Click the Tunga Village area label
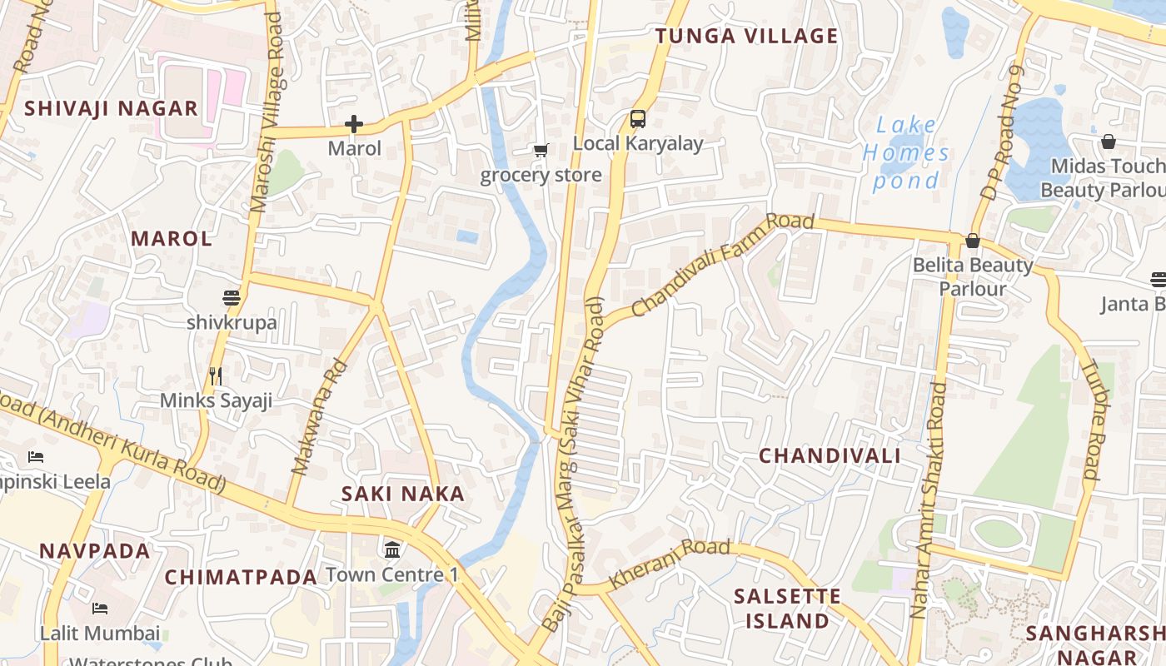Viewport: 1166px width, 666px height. pyautogui.click(x=746, y=36)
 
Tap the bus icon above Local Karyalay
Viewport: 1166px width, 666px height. pyautogui.click(x=638, y=119)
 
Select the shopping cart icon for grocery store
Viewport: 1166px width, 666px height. pyautogui.click(x=541, y=151)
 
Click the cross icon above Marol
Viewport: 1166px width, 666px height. pyautogui.click(x=354, y=125)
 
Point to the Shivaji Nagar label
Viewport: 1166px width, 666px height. pyautogui.click(x=111, y=108)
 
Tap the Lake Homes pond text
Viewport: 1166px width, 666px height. pyautogui.click(x=906, y=153)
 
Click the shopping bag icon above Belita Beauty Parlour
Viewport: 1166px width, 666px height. pyautogui.click(x=972, y=241)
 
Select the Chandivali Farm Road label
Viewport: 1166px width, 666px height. pyautogui.click(x=722, y=265)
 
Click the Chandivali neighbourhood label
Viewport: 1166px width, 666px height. pyautogui.click(x=830, y=455)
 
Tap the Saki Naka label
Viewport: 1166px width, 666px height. pyautogui.click(x=403, y=494)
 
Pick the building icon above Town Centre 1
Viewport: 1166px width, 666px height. pyautogui.click(x=392, y=550)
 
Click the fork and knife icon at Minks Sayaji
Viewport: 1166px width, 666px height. pyautogui.click(x=216, y=376)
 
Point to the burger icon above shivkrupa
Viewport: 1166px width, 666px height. pyautogui.click(x=231, y=298)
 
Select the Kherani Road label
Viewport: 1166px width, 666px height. pyautogui.click(x=670, y=564)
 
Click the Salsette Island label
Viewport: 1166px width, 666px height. pyautogui.click(x=787, y=609)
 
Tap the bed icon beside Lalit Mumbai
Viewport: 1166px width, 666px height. pyautogui.click(x=100, y=609)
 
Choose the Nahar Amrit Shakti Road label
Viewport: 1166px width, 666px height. pyautogui.click(x=929, y=499)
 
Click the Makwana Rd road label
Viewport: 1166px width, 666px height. pyautogui.click(x=319, y=416)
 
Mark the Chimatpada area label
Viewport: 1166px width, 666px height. pyautogui.click(x=241, y=577)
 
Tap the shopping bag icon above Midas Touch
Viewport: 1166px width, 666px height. pyautogui.click(x=1109, y=142)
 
